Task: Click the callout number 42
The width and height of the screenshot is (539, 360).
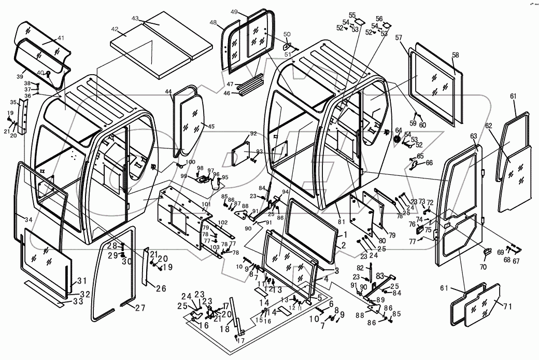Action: coord(115,30)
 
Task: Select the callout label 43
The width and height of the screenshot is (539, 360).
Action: coord(135,18)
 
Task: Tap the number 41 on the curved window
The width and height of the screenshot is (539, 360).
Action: coord(61,38)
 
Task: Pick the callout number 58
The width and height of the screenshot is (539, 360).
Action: coord(455,55)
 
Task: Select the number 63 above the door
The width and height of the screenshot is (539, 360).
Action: coord(473,136)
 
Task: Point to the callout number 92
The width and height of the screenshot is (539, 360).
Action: coord(253,134)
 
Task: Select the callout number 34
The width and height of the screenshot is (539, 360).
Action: coord(28,220)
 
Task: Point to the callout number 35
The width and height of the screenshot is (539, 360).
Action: coord(13,102)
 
